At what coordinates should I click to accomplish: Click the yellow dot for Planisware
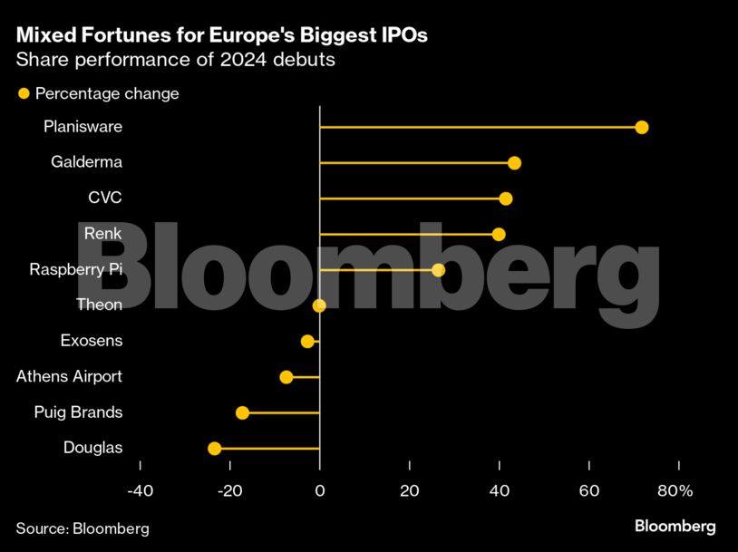click(642, 127)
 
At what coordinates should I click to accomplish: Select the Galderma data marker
click(514, 163)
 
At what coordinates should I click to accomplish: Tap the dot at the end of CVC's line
click(506, 199)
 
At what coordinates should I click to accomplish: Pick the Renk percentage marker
click(499, 234)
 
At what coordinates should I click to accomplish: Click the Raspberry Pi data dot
click(439, 270)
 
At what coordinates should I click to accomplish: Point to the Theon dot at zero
click(319, 305)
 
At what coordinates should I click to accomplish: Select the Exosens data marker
click(307, 341)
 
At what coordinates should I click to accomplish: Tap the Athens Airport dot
click(286, 377)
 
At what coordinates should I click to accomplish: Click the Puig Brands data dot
click(242, 412)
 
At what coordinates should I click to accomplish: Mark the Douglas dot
click(215, 448)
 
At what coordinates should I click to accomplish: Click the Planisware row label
click(83, 127)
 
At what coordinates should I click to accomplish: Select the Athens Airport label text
click(69, 377)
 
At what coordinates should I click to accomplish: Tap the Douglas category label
click(92, 448)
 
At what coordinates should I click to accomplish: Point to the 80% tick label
click(675, 491)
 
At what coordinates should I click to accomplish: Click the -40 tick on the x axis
click(140, 491)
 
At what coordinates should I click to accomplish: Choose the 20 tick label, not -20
click(410, 491)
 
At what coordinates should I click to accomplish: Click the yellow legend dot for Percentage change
click(24, 93)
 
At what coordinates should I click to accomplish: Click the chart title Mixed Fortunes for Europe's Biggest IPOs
click(221, 36)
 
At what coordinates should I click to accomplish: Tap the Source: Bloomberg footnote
click(83, 528)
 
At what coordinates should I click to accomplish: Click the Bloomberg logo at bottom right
click(675, 527)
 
